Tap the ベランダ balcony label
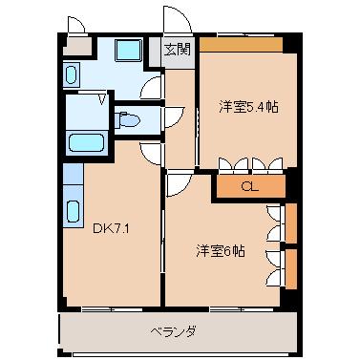[x=174, y=331]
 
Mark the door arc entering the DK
[x=150, y=153]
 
